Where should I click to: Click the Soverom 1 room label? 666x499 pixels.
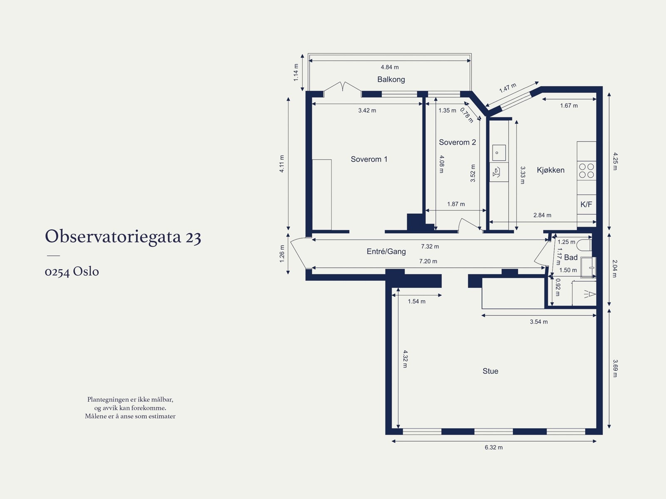369,159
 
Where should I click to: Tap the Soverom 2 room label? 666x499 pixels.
457,142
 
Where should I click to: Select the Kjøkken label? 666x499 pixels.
550,170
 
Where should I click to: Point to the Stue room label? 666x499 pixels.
490,371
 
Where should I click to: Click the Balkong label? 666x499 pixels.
391,80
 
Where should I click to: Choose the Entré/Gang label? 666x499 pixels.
386,252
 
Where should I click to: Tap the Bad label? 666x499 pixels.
571,258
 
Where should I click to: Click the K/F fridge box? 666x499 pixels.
586,205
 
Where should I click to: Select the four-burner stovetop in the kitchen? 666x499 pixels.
586,171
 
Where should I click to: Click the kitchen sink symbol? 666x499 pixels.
499,153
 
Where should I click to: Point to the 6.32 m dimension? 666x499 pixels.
493,447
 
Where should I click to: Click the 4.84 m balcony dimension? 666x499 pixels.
390,67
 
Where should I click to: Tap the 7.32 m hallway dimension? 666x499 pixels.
430,247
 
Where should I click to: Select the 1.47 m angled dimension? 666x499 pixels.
507,88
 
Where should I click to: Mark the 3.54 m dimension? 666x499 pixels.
539,322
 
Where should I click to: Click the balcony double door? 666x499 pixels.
342,87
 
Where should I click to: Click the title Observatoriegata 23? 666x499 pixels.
123,237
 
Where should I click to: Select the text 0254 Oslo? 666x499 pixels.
72,272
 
